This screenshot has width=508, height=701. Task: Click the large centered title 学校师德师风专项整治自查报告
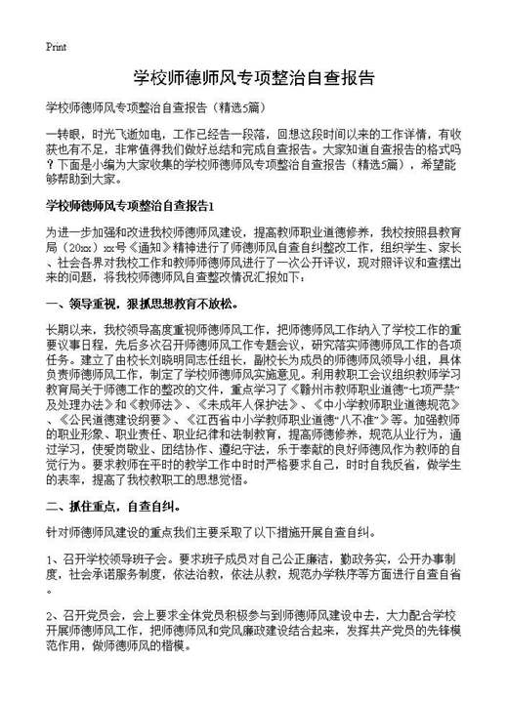pos(253,77)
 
